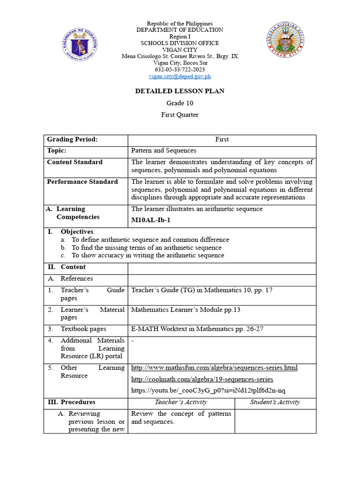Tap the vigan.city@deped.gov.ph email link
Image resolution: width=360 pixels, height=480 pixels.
tap(180, 76)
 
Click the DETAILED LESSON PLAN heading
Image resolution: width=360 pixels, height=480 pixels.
tap(180, 91)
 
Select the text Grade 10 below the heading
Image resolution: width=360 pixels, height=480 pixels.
tap(180, 103)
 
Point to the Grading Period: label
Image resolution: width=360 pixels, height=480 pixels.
tap(72, 139)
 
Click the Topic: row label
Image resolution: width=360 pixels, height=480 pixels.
tap(56, 150)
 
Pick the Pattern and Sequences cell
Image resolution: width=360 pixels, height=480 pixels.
tap(164, 150)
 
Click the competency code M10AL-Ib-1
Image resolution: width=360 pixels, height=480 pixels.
tap(150, 220)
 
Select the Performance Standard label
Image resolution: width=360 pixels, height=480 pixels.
tap(82, 181)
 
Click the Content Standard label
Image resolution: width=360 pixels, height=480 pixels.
tap(75, 162)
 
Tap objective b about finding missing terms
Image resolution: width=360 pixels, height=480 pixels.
tap(146, 247)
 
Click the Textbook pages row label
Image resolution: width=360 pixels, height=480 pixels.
tap(83, 329)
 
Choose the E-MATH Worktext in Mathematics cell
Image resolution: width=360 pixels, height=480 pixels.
tap(197, 329)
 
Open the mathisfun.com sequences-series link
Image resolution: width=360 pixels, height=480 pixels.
tap(214, 367)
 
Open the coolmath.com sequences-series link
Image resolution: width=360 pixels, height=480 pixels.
tap(202, 379)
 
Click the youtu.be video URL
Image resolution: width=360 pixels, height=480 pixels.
tap(208, 390)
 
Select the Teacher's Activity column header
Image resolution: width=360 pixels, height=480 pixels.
tap(181, 402)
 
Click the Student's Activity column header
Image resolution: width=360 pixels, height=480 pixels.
tap(275, 402)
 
